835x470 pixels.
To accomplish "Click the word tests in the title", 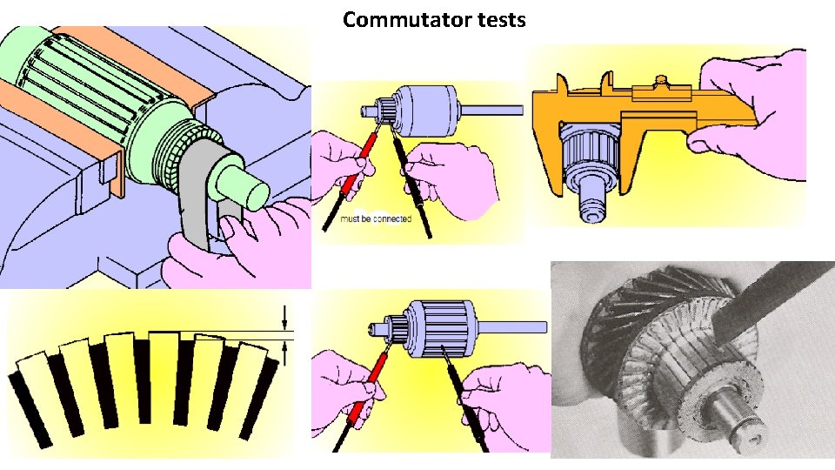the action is (498, 20).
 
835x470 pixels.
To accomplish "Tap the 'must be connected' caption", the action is (376, 219).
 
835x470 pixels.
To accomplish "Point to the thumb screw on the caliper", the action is (661, 80).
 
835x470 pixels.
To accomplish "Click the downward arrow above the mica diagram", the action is (285, 317).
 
